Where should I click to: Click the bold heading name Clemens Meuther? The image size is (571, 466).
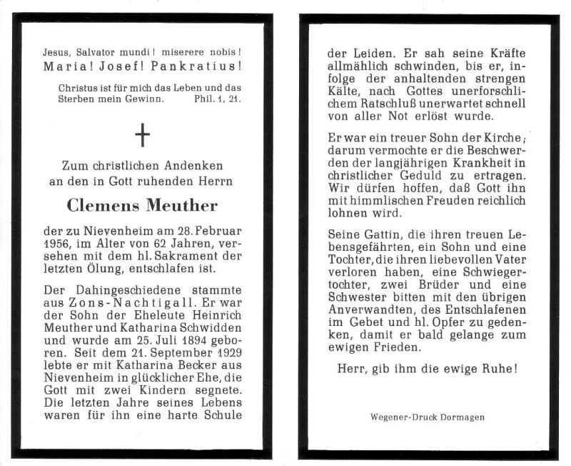pyautogui.click(x=142, y=206)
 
